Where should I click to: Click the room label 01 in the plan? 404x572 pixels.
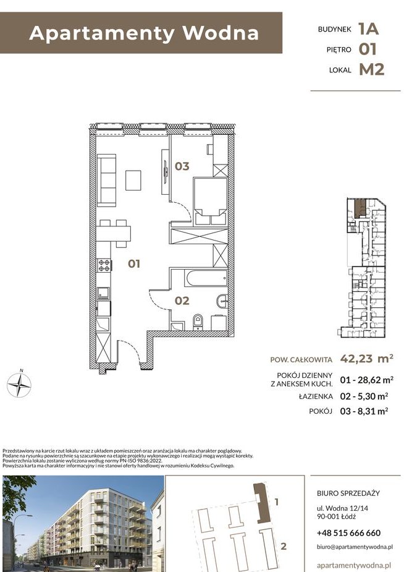pyautogui.click(x=134, y=263)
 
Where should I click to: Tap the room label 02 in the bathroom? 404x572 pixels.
pyautogui.click(x=182, y=301)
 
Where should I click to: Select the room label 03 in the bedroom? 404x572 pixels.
pyautogui.click(x=182, y=166)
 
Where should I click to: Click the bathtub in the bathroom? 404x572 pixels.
pyautogui.click(x=206, y=278)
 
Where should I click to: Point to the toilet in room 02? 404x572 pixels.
pyautogui.click(x=198, y=322)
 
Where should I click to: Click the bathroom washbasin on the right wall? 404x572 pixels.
pyautogui.click(x=222, y=301)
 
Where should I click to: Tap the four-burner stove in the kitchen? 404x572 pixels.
pyautogui.click(x=104, y=265)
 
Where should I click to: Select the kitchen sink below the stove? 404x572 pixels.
pyautogui.click(x=103, y=293)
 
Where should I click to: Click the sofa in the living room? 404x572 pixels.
pyautogui.click(x=106, y=180)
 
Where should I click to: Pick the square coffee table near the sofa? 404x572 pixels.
pyautogui.click(x=133, y=180)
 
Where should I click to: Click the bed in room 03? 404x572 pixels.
pyautogui.click(x=210, y=200)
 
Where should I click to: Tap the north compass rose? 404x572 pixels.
pyautogui.click(x=19, y=385)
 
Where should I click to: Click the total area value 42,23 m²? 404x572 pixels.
pyautogui.click(x=366, y=359)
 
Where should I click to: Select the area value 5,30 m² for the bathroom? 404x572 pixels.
pyautogui.click(x=369, y=396)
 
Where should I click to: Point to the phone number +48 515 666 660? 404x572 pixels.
pyautogui.click(x=348, y=533)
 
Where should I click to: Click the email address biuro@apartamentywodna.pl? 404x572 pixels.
pyautogui.click(x=355, y=547)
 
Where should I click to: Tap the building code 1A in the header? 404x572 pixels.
pyautogui.click(x=368, y=29)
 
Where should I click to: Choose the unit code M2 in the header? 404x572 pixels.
pyautogui.click(x=372, y=69)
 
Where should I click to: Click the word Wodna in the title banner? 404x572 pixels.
pyautogui.click(x=221, y=33)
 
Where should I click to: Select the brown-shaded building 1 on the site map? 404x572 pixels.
pyautogui.click(x=261, y=503)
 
